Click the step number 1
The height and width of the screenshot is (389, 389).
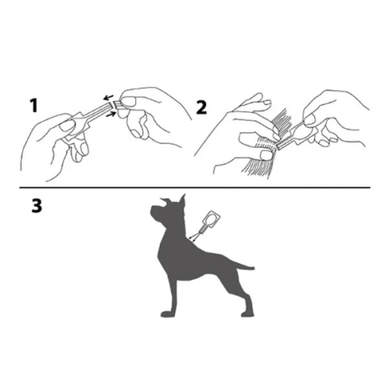pos(34,106)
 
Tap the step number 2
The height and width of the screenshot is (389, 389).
pos(201,108)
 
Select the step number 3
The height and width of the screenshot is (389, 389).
pos(36,206)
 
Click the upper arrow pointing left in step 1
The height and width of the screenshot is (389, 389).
pos(108,97)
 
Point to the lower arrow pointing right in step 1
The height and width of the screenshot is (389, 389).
pos(111,114)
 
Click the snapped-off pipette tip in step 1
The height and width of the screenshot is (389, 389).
pos(117,105)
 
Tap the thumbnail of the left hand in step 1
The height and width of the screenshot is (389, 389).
pos(67,126)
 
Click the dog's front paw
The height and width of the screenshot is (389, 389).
pos(168,314)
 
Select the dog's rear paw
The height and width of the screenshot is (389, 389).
pos(248,314)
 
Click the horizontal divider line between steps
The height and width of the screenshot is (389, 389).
pos(194,188)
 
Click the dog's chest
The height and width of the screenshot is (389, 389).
pos(164,255)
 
